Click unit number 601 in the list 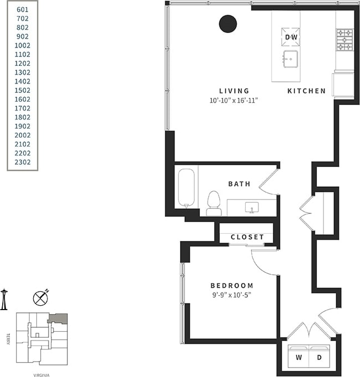23,9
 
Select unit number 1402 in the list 23,81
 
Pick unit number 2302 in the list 23,162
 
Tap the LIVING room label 234,91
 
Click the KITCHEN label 306,91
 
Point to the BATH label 239,184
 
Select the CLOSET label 247,237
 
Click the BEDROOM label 232,285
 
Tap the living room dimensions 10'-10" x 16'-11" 234,101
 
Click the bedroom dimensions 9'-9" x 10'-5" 232,295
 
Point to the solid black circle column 228,24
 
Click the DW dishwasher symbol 291,37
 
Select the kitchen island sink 290,58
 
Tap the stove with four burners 345,40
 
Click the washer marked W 299,358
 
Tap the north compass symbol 41,297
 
